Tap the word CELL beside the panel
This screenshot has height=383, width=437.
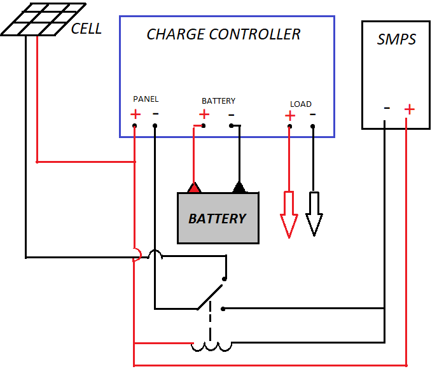click(86, 29)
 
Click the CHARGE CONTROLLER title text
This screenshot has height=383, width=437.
click(223, 34)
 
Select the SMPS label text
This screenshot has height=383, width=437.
click(396, 39)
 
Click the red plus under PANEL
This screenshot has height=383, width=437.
click(135, 115)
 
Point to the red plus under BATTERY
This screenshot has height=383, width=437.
click(204, 115)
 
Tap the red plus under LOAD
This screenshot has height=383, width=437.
click(289, 116)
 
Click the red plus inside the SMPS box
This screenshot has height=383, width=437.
click(409, 109)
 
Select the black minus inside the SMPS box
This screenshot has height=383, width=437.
click(386, 108)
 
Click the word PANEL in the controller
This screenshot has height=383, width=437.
click(146, 99)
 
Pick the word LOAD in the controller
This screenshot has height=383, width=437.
click(301, 104)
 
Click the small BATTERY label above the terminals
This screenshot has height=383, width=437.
click(218, 101)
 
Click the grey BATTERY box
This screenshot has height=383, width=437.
click(218, 218)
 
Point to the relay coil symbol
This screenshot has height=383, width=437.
click(212, 346)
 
